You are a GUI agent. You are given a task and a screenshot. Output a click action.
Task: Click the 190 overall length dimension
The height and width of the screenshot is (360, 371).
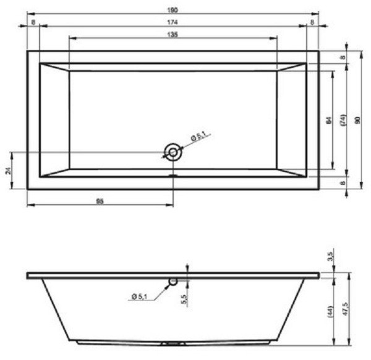click(x=173, y=8)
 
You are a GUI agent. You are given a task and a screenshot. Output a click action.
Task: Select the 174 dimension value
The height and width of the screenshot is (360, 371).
click(x=173, y=22)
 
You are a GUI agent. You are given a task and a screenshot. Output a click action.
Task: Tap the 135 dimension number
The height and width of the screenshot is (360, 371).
click(x=173, y=35)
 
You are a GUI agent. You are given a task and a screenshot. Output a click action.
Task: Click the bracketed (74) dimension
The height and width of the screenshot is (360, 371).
click(x=342, y=120)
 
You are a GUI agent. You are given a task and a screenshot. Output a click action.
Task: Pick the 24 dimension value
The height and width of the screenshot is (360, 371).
click(x=8, y=170)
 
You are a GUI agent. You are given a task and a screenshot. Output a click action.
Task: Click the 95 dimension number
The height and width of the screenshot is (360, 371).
click(x=99, y=200)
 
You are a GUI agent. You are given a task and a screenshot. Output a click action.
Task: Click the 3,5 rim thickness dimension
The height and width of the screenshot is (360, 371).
click(x=331, y=255)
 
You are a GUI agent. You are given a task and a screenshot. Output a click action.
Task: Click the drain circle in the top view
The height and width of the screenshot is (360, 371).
click(x=173, y=152)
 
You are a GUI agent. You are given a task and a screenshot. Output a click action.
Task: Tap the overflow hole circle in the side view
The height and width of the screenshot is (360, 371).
click(x=173, y=281)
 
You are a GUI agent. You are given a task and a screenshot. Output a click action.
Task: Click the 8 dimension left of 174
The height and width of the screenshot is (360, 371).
click(x=33, y=22)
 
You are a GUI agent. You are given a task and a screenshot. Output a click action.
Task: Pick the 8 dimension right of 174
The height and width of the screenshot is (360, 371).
click(x=313, y=22)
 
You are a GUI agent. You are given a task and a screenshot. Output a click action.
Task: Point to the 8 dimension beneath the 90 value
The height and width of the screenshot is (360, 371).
click(x=343, y=183)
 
